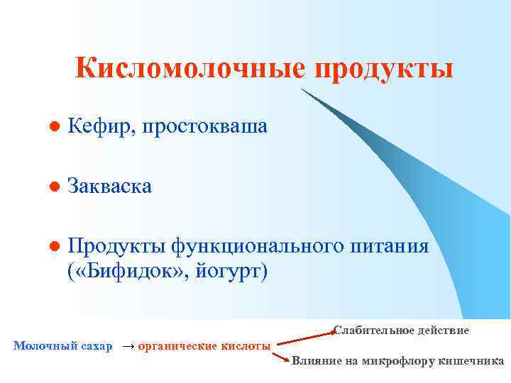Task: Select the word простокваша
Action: (x=204, y=127)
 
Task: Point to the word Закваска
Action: (x=109, y=187)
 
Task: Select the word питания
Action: (x=390, y=246)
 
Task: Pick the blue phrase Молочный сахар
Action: (x=63, y=346)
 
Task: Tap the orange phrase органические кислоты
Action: (x=204, y=346)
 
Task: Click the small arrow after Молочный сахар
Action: (x=128, y=346)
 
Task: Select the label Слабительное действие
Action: (x=401, y=331)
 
